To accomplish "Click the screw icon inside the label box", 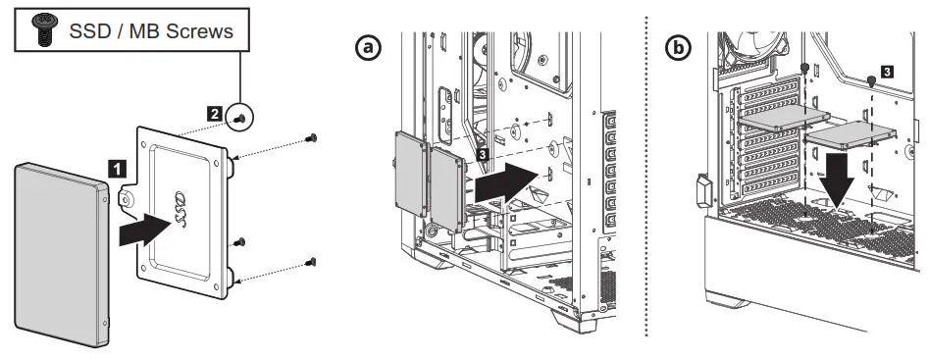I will coord(42,30).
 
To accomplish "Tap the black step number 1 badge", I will coord(116,168).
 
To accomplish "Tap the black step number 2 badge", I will coord(214,115).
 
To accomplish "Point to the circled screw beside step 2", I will coord(239,118).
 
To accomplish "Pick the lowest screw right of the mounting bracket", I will coord(312,261).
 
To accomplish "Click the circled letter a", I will coord(368,48).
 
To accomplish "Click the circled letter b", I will coord(676,48).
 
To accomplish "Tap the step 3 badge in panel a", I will coord(482,155).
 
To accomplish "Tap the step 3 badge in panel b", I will coord(887,72).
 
